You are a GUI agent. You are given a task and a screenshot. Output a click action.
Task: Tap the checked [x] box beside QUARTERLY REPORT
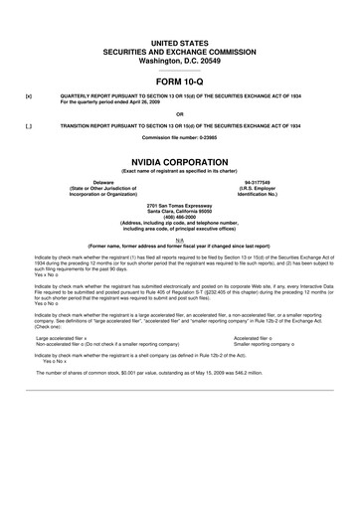tap(14, 97)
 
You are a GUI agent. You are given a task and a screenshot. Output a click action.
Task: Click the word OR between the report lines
tap(180, 112)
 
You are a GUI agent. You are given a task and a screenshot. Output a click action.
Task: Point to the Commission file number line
tap(180, 137)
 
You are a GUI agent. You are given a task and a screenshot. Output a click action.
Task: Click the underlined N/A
tap(180, 240)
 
